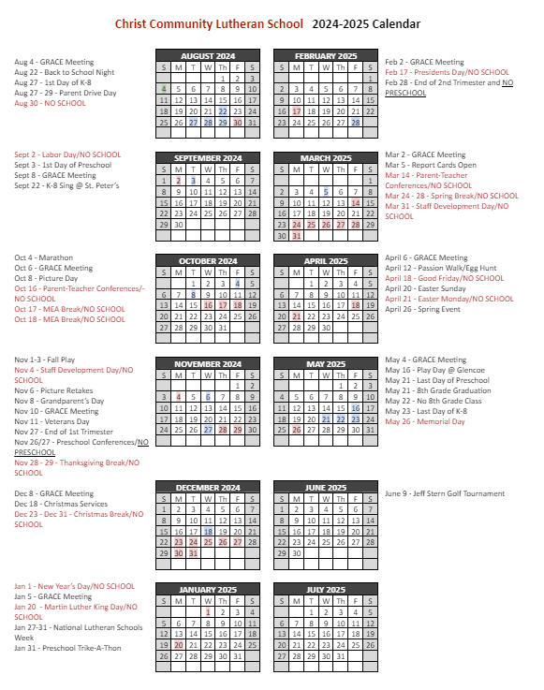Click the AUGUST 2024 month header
(207, 56)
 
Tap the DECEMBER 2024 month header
(207, 488)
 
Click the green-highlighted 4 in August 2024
(164, 89)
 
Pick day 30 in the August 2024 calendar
(237, 122)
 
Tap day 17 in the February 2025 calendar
(297, 111)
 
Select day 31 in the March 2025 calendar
(297, 236)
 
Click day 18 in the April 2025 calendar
(356, 305)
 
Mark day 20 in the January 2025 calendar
(178, 644)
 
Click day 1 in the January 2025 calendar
(208, 611)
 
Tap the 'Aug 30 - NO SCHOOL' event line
(50, 103)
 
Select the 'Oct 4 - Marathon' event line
(43, 257)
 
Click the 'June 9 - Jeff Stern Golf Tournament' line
(445, 493)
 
